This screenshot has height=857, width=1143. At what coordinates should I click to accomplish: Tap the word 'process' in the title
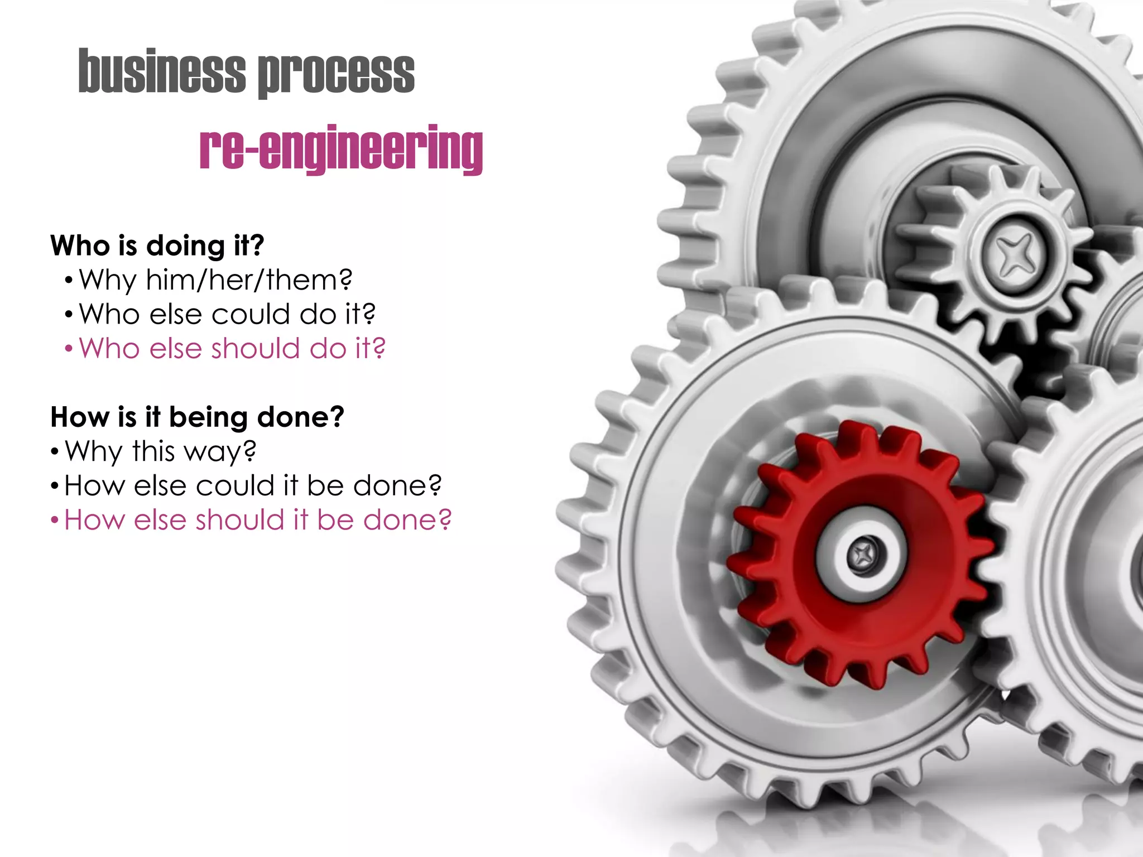coord(336,74)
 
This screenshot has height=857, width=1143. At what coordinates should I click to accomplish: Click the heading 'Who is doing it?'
coord(157,245)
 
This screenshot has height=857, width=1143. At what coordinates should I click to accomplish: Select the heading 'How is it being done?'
coord(197,417)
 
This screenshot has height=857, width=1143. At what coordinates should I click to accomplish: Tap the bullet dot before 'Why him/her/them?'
coord(69,281)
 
